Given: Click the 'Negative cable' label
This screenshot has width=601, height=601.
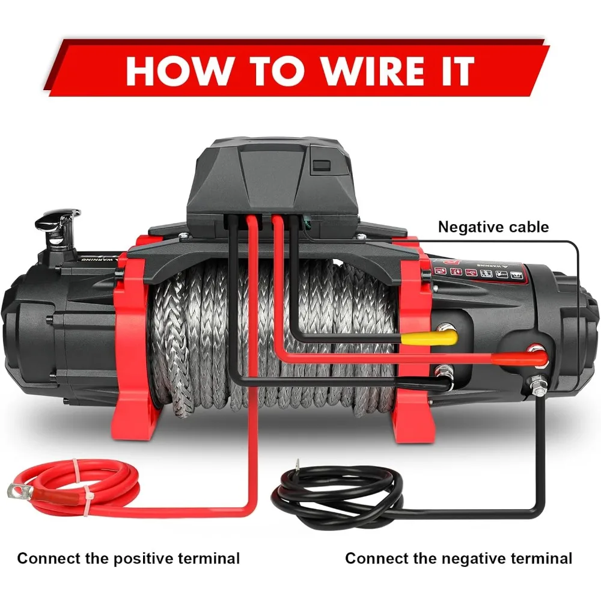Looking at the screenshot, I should [x=493, y=227].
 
